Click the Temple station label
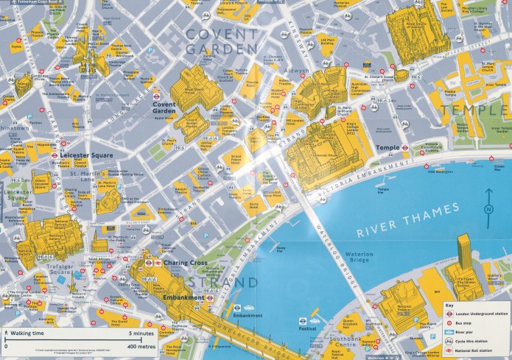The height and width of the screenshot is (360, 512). coord(387,147)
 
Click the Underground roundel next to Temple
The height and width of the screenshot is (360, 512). coord(405,147)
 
